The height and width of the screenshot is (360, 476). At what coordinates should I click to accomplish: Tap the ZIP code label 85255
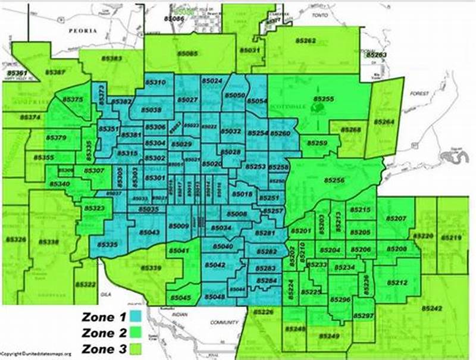324,98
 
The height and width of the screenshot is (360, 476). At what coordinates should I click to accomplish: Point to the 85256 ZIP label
334,180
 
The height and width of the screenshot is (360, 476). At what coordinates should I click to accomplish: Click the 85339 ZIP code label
151,268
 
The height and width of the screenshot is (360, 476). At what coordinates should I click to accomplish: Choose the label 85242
431,308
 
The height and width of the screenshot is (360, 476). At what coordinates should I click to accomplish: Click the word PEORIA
82,30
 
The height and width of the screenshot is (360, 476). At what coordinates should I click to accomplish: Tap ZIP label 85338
49,243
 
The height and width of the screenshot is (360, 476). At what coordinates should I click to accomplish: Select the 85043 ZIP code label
148,232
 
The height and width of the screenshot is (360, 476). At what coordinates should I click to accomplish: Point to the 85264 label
384,121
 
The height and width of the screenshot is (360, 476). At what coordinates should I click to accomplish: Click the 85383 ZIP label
108,58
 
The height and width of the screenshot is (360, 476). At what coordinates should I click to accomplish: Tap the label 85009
178,226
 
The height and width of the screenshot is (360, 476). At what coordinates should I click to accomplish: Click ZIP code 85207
396,219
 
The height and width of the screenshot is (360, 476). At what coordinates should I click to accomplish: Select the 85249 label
329,337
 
